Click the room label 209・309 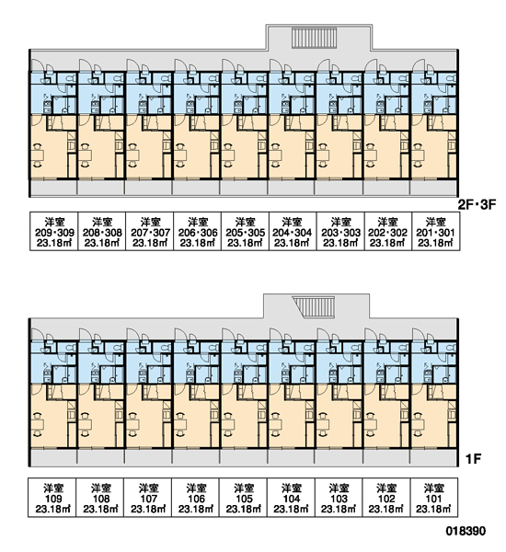[54, 233]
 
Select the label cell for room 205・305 [246, 231]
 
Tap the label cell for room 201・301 [436, 231]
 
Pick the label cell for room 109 [52, 498]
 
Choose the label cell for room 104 [292, 498]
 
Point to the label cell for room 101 [434, 498]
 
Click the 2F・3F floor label [477, 205]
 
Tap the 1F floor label [473, 459]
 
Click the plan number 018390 [466, 531]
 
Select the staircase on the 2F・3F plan [315, 38]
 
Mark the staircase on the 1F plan [314, 307]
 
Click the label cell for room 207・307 [150, 231]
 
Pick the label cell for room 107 [148, 498]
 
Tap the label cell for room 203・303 [340, 231]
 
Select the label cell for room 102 [386, 498]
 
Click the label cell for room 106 [196, 498]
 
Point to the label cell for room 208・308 [102, 231]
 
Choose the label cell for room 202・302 [388, 231]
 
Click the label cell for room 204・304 [293, 231]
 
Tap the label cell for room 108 [100, 498]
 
